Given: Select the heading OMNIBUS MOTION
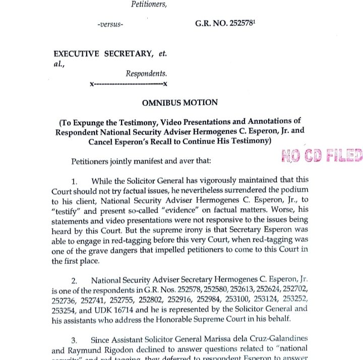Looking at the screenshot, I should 180,103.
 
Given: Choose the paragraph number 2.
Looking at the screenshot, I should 74,280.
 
